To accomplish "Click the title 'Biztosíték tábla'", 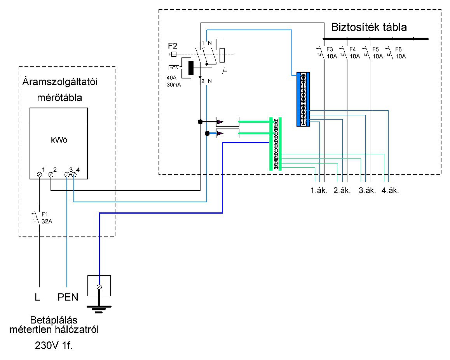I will click(x=369, y=28).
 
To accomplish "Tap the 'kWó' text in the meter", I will click(x=59, y=141).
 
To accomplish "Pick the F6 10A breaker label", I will click(x=400, y=53).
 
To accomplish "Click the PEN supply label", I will click(x=68, y=298).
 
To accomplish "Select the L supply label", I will click(x=37, y=298).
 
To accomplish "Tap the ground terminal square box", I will click(x=99, y=286).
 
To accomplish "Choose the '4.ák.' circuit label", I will click(x=391, y=191).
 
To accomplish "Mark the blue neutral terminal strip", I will click(x=303, y=99).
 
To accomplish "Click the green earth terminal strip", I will click(x=276, y=144).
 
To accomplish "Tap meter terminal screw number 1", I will click(x=39, y=175).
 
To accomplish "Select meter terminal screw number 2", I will click(x=51, y=175).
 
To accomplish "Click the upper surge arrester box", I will click(x=227, y=122).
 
